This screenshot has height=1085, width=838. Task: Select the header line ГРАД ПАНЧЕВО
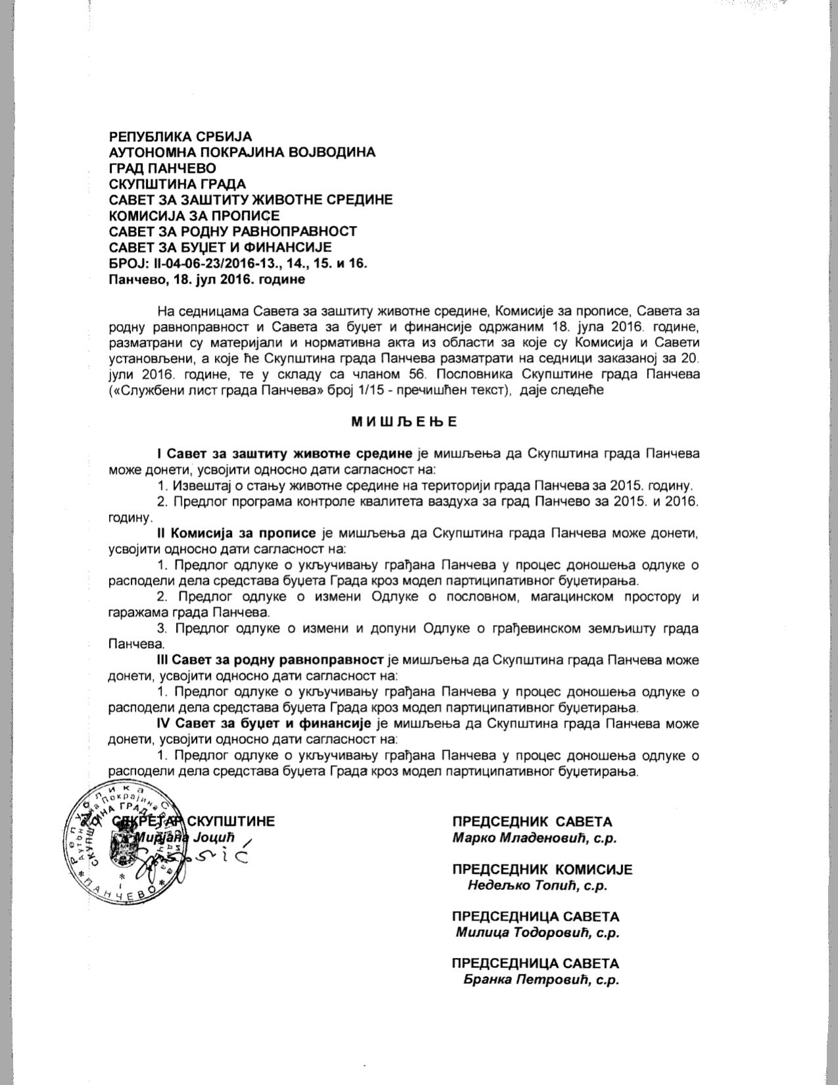pos(162,168)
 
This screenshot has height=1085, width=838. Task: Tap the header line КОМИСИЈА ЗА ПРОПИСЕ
pos(194,216)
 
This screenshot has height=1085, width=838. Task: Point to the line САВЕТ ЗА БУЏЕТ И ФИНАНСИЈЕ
pos(220,248)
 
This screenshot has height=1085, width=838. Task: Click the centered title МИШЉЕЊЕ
pos(404,422)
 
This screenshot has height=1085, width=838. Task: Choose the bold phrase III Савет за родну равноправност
pos(270,660)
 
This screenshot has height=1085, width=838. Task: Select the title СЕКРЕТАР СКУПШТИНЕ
pos(194,821)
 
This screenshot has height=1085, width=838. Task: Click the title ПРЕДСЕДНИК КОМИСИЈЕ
pos(542,869)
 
